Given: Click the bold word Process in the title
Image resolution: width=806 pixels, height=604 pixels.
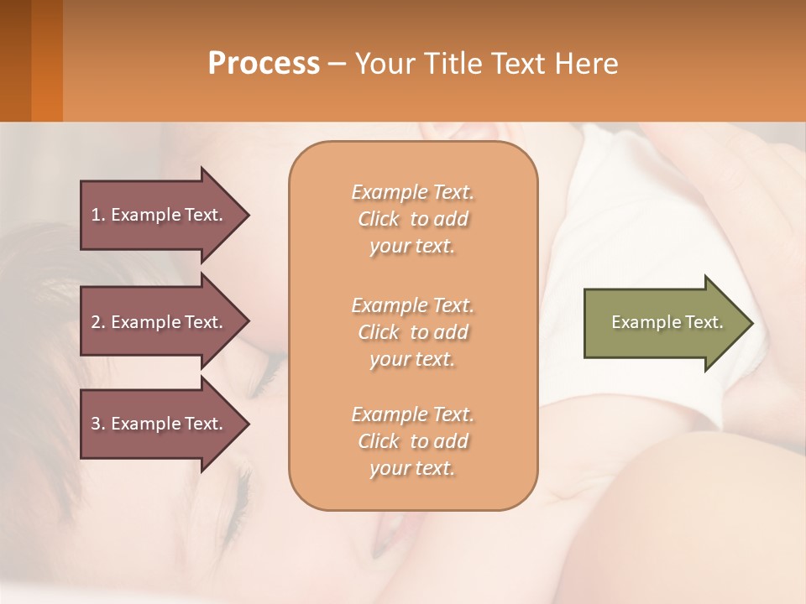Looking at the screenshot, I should click(264, 63).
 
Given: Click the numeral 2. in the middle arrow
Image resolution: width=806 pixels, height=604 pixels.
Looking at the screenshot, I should click(97, 322).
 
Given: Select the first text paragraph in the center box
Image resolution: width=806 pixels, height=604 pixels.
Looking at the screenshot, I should click(412, 219).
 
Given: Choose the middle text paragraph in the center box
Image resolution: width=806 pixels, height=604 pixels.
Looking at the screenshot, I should click(412, 332).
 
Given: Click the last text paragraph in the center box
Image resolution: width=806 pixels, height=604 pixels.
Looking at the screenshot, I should click(412, 441).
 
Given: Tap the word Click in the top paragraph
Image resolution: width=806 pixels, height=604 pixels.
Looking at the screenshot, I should click(379, 219).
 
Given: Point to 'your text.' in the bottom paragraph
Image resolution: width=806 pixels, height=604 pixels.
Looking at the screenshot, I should click(412, 468).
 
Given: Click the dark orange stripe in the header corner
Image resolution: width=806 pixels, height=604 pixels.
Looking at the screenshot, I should click(46, 60).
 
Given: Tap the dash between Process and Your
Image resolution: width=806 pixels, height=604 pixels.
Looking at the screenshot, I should click(337, 64).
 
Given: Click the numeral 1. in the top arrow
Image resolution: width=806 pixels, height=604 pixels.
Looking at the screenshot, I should click(97, 215).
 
